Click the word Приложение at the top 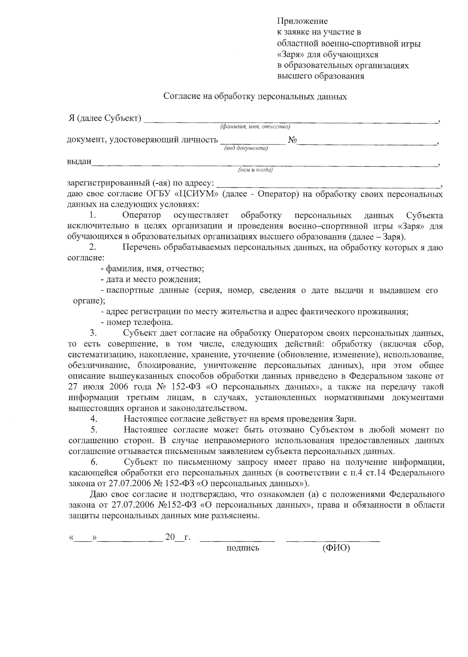pos(302,21)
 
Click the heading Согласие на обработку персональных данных pos(255,96)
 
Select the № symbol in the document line pos(292,139)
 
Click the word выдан pos(79,161)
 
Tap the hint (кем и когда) pos(255,170)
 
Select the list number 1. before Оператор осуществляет pos(92,215)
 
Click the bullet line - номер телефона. pos(136,322)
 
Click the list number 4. pos(94,419)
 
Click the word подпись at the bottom pos(243,548)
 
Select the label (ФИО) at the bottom pos(336,548)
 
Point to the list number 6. pos(94,462)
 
